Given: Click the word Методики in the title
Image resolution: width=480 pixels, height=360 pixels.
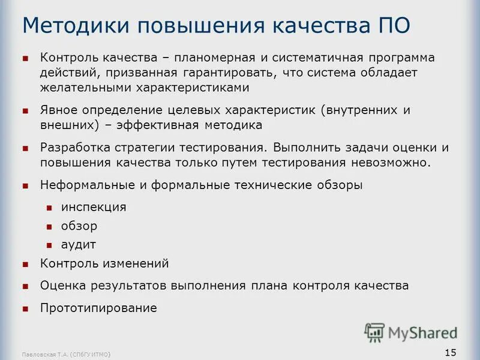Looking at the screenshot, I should coord(76,26).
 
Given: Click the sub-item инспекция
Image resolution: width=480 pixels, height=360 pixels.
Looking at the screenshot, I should coord(94,207).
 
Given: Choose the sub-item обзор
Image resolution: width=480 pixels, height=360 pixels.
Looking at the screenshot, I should coord(79,226).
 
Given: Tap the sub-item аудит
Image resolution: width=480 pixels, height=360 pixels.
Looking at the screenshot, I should coord(79,245).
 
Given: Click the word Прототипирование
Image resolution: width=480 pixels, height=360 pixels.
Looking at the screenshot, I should coord(98,308).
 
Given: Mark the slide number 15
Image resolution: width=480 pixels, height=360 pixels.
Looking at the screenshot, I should coord(451,351).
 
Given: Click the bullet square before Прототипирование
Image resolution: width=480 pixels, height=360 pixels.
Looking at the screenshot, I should coord(25,309).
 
